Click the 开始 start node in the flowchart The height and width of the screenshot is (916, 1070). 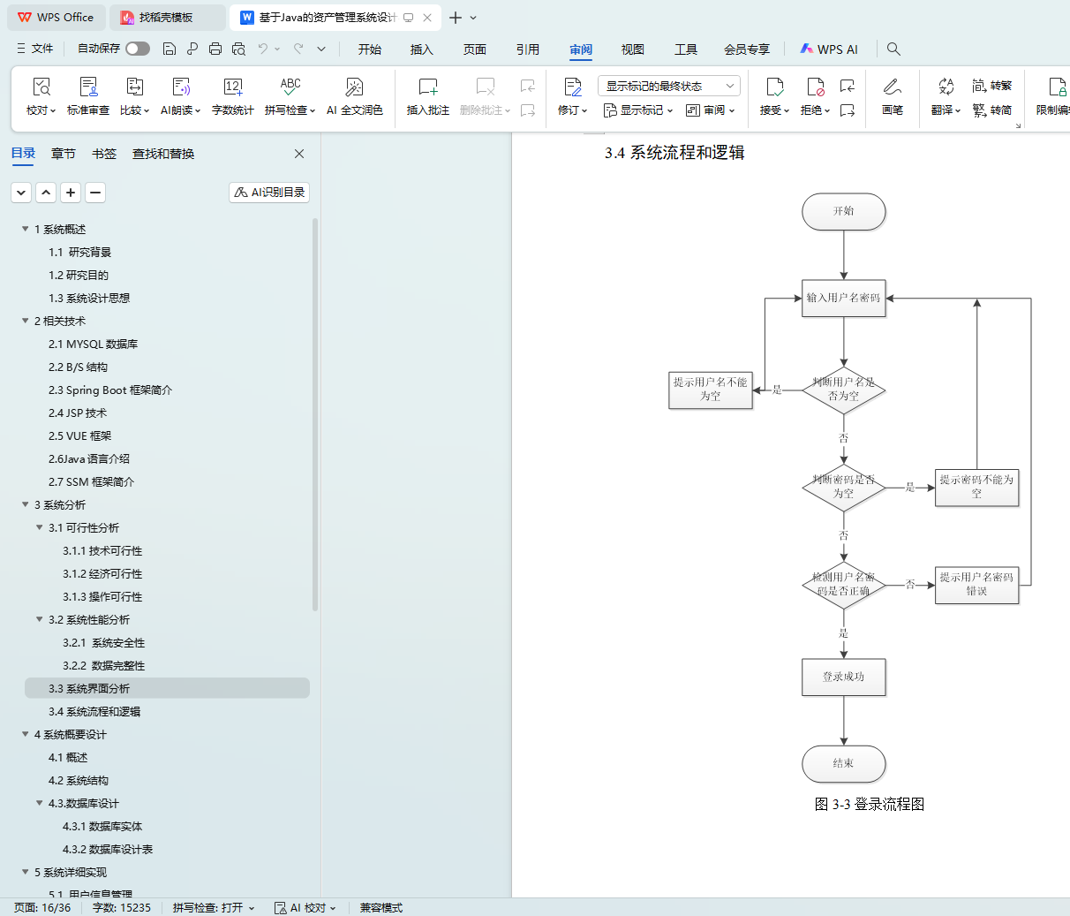click(843, 212)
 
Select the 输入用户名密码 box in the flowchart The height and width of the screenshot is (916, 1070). click(843, 299)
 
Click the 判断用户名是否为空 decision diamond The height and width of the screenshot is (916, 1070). click(843, 390)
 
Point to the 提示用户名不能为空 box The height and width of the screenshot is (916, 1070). click(710, 390)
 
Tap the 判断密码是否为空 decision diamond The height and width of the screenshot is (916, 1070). click(843, 487)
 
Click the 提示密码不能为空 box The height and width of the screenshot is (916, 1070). click(976, 487)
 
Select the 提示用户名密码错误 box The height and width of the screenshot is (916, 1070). click(976, 584)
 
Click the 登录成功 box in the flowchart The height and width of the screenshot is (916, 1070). click(843, 677)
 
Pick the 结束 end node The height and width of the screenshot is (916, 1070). click(843, 764)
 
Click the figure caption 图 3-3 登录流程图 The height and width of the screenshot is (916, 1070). click(869, 804)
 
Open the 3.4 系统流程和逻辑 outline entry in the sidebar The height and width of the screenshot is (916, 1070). click(94, 712)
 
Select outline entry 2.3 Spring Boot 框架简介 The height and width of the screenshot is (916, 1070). click(110, 390)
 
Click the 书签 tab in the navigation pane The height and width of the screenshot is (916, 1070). click(104, 154)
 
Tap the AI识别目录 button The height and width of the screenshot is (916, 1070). click(269, 193)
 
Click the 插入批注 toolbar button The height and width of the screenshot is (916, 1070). click(428, 96)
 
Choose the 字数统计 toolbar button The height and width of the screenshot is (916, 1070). click(233, 96)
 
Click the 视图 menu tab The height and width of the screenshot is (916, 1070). click(633, 49)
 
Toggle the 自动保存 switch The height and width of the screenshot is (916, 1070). click(138, 49)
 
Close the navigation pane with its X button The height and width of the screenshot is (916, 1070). click(299, 154)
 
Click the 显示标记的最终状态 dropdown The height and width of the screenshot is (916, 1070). click(668, 86)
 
